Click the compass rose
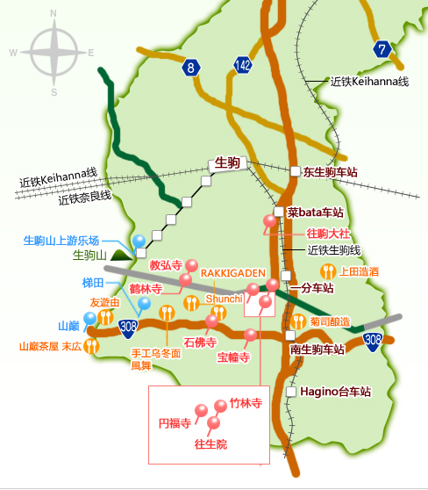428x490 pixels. point(54,53)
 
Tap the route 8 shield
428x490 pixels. point(192,67)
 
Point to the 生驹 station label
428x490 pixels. point(228,163)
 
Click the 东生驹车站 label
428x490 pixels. point(332,173)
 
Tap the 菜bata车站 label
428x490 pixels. point(314,213)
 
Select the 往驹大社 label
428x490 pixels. point(328,234)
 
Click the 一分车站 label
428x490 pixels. point(312,287)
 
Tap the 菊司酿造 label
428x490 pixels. point(329,321)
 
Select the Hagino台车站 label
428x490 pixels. point(335,391)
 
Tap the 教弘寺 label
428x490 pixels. point(165,264)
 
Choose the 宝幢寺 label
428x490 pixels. point(233,357)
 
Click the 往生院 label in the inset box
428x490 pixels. point(210,444)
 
